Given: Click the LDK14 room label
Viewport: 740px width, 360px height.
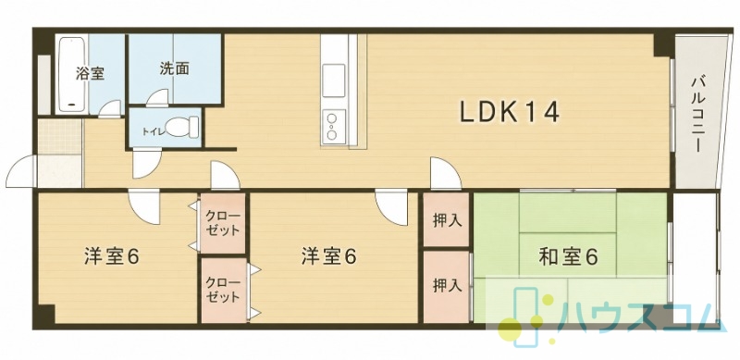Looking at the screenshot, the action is pos(510,112).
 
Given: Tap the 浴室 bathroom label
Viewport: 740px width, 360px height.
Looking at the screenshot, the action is pos(90,74).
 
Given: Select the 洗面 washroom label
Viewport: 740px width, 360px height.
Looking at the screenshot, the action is pos(174,69).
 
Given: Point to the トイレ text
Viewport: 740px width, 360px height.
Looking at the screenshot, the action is pos(154,131).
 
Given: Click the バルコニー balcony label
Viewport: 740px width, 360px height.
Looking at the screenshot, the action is pos(697,114).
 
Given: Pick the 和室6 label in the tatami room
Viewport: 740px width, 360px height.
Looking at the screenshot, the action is pos(568,257).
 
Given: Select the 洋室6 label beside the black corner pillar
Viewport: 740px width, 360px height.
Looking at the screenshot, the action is pos(112,257).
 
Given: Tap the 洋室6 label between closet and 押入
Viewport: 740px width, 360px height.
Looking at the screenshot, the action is pos(329,257).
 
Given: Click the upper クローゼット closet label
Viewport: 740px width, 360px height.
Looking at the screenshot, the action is pos(223,223).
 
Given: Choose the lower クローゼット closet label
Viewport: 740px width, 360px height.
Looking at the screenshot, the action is pos(223,290).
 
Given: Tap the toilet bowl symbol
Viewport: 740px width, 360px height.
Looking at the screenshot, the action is pos(182,127).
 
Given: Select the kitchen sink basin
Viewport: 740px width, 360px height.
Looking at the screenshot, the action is pos(334,80).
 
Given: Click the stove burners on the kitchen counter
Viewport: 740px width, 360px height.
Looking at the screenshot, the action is pos(334,126).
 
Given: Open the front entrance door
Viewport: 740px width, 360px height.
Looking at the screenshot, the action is pos(21,170).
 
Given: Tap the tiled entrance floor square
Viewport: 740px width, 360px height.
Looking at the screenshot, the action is pos(60,136).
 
